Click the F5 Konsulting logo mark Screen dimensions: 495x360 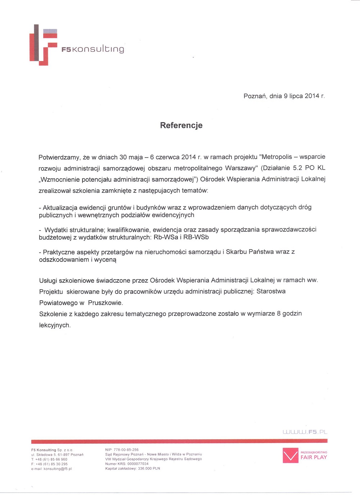pos(43,45)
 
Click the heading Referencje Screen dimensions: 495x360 pos(181,125)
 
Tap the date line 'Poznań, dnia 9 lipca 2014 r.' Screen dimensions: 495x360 pos(284,96)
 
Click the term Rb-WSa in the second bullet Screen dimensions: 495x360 pos(165,237)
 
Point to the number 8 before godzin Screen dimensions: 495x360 pos(279,314)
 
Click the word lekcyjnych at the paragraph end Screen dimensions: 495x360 pos(55,325)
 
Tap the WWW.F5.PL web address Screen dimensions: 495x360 pos(305,432)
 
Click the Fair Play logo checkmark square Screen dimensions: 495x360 pos(291,455)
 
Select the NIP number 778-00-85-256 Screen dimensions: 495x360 pos(126,450)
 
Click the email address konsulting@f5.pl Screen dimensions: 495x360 pos(58,469)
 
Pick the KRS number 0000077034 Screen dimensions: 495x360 pos(138,464)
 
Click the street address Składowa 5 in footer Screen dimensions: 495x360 pos(46,455)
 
